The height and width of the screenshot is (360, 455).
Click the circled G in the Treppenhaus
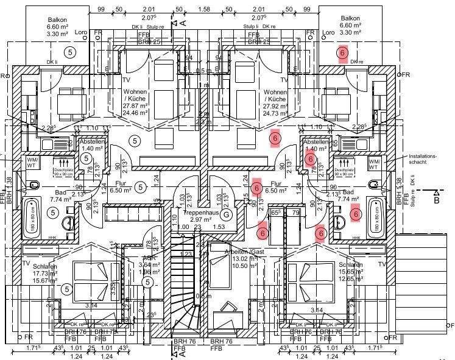pos(227,214)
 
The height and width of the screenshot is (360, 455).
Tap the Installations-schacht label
pos(423,160)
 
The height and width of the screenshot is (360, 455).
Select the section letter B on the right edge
pos(436,199)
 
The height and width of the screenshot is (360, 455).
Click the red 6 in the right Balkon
pos(342,54)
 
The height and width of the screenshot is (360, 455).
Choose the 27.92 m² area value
pos(275,105)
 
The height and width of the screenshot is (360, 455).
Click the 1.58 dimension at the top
pos(204,10)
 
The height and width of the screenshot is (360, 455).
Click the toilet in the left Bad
pos(34,185)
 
